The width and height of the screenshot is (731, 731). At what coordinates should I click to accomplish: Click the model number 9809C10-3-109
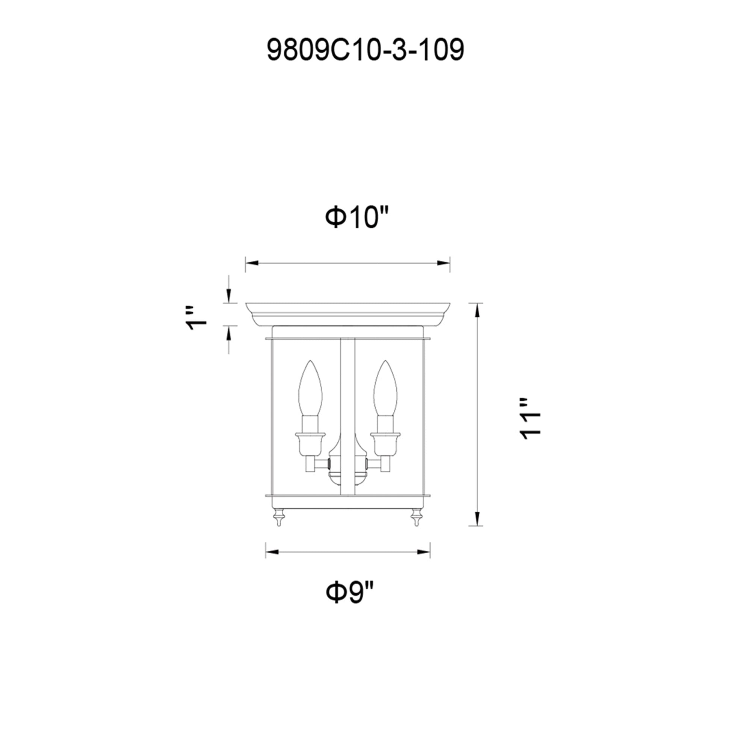[x=365, y=50]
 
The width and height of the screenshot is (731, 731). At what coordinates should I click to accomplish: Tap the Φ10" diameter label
[x=357, y=217]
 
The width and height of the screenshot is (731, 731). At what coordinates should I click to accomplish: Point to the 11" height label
[x=530, y=418]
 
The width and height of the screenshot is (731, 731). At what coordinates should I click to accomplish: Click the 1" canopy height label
[x=197, y=318]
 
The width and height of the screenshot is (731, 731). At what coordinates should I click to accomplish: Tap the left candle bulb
[x=310, y=390]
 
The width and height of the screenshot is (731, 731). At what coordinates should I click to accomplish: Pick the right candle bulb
[x=385, y=390]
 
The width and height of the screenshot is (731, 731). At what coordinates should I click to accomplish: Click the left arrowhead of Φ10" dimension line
[x=251, y=263]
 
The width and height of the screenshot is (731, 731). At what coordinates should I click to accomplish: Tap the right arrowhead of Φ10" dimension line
[x=443, y=263]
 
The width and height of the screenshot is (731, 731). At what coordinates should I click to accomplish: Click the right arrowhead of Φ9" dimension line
[x=424, y=553]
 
